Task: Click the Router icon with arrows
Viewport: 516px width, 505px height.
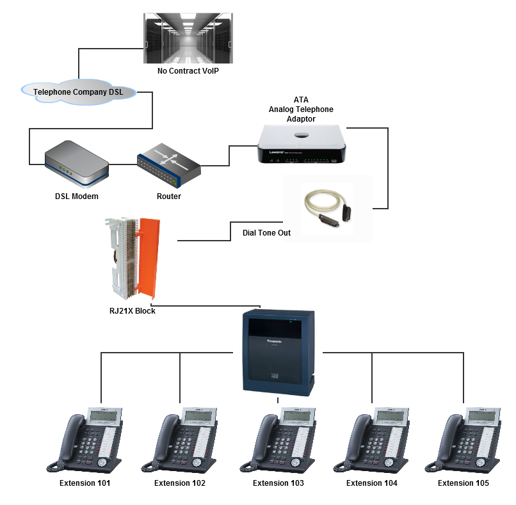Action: [168, 164]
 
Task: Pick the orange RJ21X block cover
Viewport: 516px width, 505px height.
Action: [151, 256]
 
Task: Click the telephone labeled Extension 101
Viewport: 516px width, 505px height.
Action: [85, 442]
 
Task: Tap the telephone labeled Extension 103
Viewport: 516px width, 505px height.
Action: [278, 442]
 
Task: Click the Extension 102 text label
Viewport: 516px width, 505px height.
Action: [180, 483]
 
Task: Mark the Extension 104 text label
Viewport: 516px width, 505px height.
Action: [371, 483]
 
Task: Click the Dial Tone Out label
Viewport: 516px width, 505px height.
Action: [266, 233]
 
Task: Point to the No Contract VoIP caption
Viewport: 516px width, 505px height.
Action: [188, 70]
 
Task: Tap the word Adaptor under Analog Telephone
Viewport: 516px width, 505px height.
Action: [301, 119]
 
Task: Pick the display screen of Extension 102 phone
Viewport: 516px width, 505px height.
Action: [198, 417]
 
